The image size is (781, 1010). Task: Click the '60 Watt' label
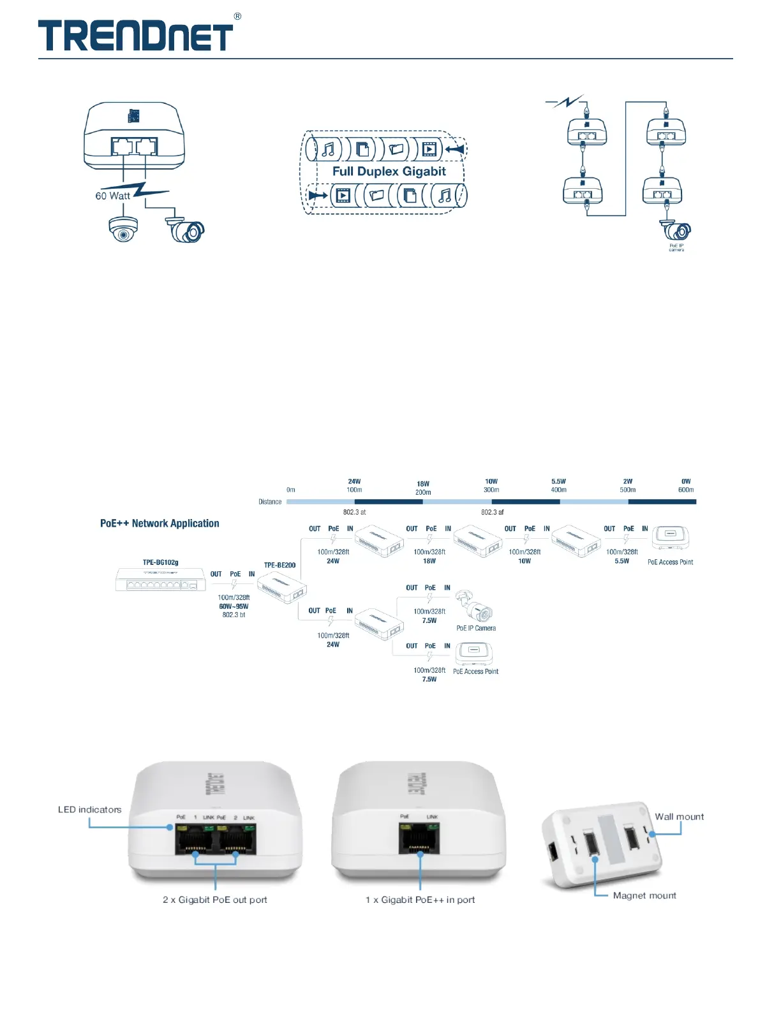tap(113, 196)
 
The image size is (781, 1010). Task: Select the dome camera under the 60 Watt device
tap(123, 230)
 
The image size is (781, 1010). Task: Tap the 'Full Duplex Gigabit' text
tap(389, 171)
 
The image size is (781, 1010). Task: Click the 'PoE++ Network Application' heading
tap(160, 523)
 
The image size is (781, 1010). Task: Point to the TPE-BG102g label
tap(160, 562)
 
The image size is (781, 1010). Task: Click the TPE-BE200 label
tap(279, 565)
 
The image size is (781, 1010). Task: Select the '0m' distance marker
tap(291, 490)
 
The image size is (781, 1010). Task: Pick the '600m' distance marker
tap(686, 490)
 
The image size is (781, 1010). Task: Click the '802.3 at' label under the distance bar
tap(355, 512)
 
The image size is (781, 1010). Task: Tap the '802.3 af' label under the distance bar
tap(492, 512)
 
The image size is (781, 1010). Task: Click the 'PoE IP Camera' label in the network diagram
tap(476, 628)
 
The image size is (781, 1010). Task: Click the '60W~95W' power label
tap(234, 606)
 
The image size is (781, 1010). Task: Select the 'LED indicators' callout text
tap(89, 810)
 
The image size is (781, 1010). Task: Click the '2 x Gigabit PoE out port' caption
tap(215, 900)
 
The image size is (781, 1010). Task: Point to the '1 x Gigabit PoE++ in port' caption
tap(420, 900)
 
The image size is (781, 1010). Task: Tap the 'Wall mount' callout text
tap(679, 817)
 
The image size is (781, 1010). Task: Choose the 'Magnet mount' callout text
tap(644, 895)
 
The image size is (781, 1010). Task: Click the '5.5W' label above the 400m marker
tap(558, 481)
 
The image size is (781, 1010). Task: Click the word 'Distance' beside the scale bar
tap(270, 502)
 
